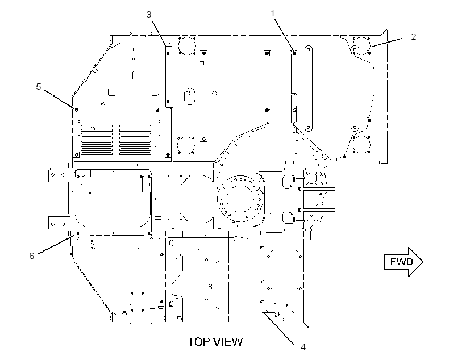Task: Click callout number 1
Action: click(273, 14)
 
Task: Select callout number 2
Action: click(413, 36)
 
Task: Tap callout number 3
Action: click(149, 14)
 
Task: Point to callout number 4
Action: click(303, 347)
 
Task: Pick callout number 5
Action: click(38, 86)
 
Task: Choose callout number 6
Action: click(31, 256)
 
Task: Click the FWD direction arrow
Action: click(403, 262)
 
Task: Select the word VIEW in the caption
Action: click(228, 342)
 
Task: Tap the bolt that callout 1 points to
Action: click(294, 53)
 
